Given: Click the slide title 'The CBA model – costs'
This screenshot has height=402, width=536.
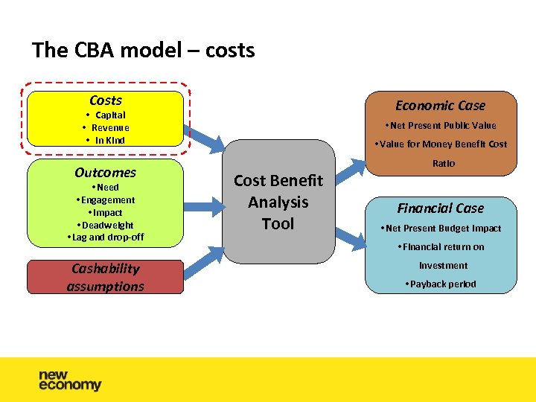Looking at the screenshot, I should click(144, 51).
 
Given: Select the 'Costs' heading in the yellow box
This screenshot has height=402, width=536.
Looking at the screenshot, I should click(105, 100).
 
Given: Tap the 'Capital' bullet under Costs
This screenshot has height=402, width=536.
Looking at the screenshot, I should click(105, 115).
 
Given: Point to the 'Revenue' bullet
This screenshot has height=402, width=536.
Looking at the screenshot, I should click(105, 127).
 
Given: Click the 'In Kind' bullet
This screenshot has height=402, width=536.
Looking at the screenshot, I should click(105, 140).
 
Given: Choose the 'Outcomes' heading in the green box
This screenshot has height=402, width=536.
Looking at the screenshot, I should click(105, 172).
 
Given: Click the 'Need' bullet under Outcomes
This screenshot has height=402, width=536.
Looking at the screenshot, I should click(105, 188).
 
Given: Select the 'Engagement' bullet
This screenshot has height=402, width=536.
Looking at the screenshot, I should click(105, 200).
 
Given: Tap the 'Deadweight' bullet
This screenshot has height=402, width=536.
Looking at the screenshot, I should click(105, 225).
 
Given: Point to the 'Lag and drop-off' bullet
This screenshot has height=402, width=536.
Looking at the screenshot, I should click(105, 237).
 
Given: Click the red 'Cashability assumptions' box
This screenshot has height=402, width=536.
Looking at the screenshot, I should click(105, 277).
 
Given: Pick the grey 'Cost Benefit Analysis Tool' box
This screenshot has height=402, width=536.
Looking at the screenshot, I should click(278, 202).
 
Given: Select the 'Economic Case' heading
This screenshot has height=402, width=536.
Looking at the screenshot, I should click(440, 106).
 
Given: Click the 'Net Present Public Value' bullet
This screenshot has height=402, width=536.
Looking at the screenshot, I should click(440, 125).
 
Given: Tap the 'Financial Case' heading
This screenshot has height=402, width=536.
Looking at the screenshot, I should click(440, 208).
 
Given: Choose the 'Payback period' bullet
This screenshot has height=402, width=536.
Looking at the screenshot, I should click(440, 284).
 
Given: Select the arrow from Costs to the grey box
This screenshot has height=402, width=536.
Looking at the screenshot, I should click(205, 139).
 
